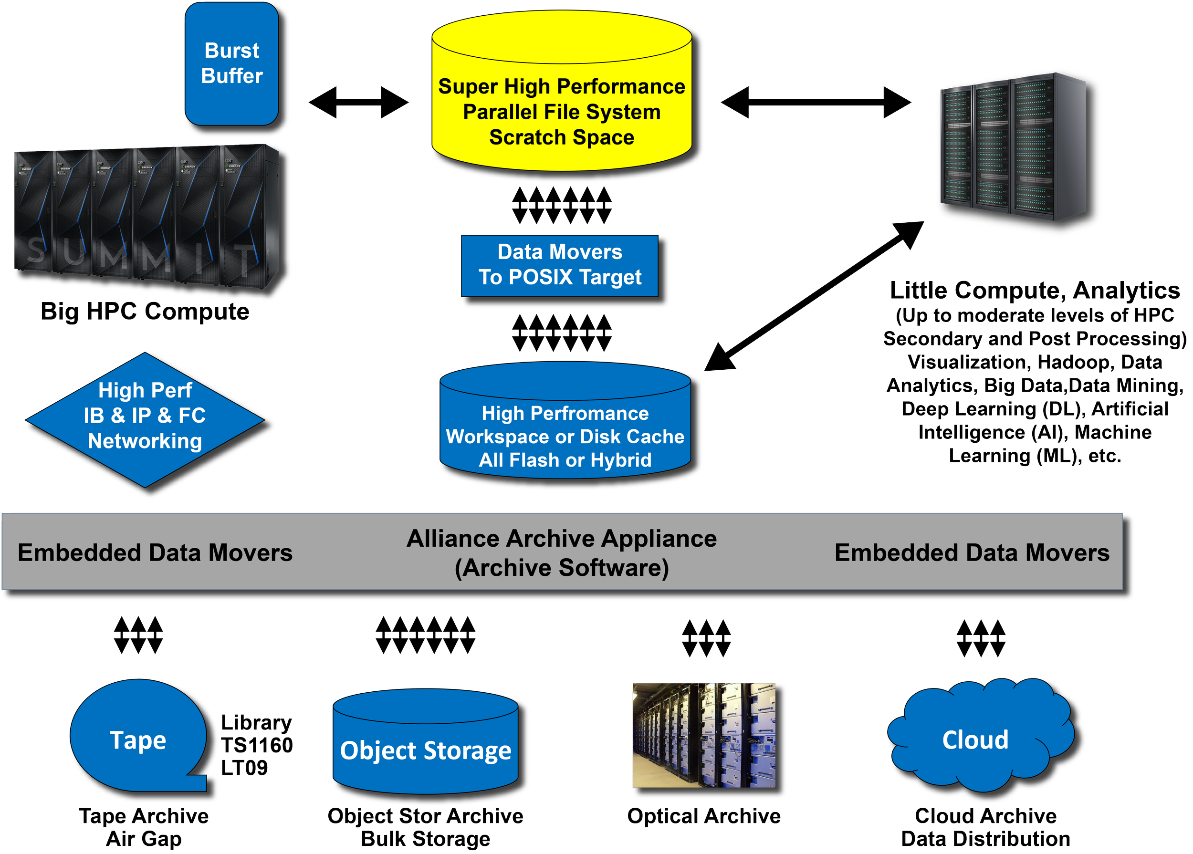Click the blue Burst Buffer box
232,63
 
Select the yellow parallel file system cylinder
562,91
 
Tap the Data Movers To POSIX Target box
560,266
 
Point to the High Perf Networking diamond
145,420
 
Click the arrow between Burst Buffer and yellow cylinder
359,103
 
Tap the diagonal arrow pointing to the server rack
814,296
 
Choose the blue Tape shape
138,735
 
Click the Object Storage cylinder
426,741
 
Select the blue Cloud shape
981,735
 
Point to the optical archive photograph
704,735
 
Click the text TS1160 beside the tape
257,745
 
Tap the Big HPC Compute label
145,312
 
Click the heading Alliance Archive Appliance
562,539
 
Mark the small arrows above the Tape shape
138,635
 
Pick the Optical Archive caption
704,816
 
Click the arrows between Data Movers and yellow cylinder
562,205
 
